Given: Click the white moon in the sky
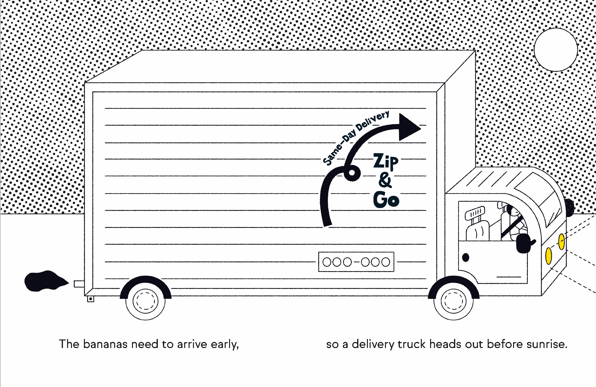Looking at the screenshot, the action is click(x=556, y=50).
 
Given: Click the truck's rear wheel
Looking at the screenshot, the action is click(x=145, y=300).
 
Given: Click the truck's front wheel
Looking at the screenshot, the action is click(x=454, y=300).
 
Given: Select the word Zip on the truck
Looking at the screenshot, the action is click(x=386, y=161).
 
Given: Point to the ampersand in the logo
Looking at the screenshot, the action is click(x=385, y=180).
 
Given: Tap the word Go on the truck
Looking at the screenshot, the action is click(x=386, y=199).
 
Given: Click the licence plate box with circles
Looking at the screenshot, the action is click(x=356, y=262).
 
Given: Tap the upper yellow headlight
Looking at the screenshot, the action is click(x=562, y=242).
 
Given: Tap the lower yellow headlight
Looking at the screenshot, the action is click(x=548, y=256).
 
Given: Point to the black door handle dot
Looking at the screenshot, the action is click(x=465, y=257).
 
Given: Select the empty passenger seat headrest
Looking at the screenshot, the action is click(x=475, y=213).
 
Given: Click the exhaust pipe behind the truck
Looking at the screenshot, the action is click(x=79, y=284).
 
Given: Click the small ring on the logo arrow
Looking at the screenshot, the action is click(x=352, y=173).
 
